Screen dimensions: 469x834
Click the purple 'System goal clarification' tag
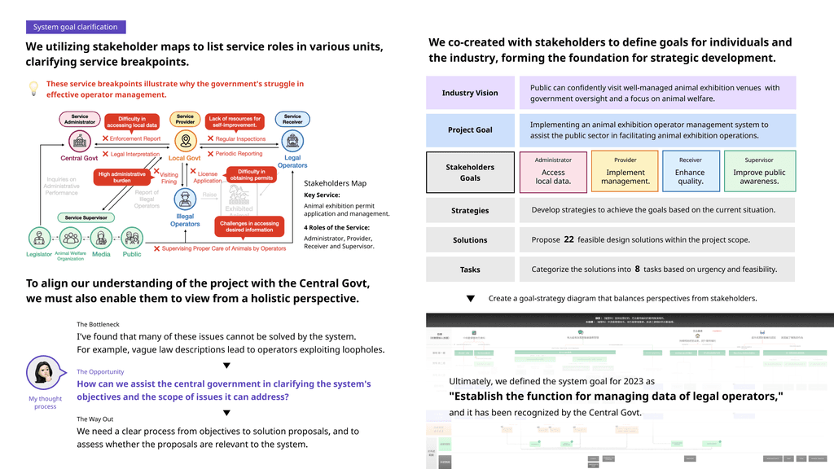point(76,27)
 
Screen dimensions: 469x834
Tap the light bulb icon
point(34,87)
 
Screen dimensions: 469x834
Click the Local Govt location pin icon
point(186,141)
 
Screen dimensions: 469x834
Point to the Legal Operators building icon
point(292,141)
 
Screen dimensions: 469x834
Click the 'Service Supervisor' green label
point(85,217)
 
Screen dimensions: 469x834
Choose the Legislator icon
point(38,239)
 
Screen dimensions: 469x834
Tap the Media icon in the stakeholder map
point(101,239)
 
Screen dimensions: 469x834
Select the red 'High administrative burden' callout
point(122,178)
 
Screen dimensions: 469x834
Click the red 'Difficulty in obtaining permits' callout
point(252,175)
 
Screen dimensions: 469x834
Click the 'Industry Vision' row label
point(470,93)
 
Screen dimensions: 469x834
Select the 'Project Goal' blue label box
point(470,130)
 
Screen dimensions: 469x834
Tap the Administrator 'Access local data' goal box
point(553,172)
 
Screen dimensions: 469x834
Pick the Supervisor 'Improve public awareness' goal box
point(759,172)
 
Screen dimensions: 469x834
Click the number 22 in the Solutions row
point(568,239)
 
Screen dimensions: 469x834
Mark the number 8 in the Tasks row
point(637,269)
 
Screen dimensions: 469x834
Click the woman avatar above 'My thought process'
point(46,374)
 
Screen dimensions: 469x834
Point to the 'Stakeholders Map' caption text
point(336,183)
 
